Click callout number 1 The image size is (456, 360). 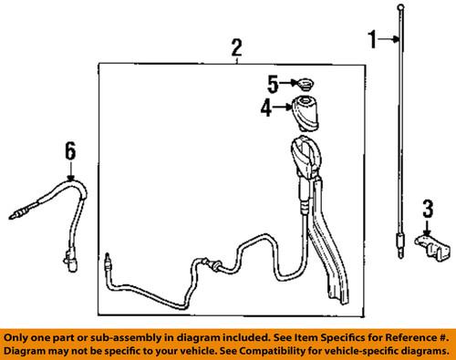click(372, 38)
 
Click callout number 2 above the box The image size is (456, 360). click(236, 46)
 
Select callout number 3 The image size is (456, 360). click(428, 211)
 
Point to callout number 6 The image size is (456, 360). click(68, 150)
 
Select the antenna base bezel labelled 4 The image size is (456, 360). click(306, 115)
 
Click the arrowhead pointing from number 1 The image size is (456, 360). click(393, 38)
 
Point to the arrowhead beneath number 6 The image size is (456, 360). click(68, 175)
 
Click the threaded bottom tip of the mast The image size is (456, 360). click(399, 242)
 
